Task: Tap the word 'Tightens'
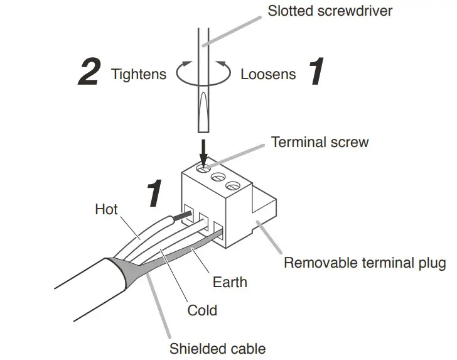click(139, 74)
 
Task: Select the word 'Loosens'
click(268, 74)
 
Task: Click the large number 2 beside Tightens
click(89, 73)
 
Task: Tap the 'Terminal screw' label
click(320, 142)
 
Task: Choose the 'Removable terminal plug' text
click(365, 262)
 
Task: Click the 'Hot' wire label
click(106, 209)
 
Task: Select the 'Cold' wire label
click(202, 310)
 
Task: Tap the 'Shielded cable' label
click(217, 349)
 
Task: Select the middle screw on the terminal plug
click(219, 177)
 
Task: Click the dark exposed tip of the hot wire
click(181, 215)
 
